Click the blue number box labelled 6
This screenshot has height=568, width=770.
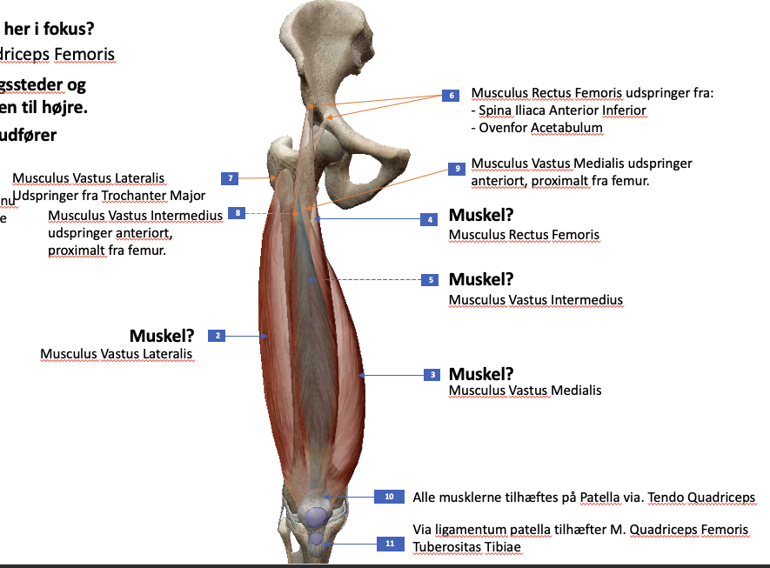pyautogui.click(x=451, y=95)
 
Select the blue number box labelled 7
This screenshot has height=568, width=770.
pyautogui.click(x=231, y=178)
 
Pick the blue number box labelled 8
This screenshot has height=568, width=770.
pyautogui.click(x=238, y=212)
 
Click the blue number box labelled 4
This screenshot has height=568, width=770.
pyautogui.click(x=429, y=220)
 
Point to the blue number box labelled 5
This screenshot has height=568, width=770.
pyautogui.click(x=430, y=280)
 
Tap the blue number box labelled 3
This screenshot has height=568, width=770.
pyautogui.click(x=432, y=375)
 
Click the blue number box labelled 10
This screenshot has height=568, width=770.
pyautogui.click(x=389, y=497)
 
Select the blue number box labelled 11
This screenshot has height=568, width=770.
pyautogui.click(x=389, y=544)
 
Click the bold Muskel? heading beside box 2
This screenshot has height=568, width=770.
pyautogui.click(x=162, y=336)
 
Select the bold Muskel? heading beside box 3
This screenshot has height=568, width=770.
pyautogui.click(x=481, y=374)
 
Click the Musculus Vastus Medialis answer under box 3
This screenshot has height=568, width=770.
pyautogui.click(x=525, y=391)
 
